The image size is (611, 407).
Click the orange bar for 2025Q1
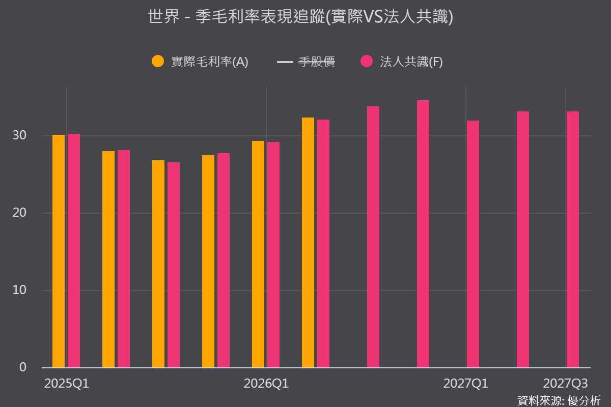point(59,251)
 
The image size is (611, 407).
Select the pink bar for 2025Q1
point(74,250)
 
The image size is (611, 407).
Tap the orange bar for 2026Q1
point(258,254)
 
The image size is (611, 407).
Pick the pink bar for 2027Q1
point(473,244)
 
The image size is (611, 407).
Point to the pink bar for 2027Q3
point(572,239)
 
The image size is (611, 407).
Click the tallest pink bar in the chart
point(423,234)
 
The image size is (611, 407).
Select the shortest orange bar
point(158,264)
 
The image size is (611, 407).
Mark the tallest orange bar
point(308,242)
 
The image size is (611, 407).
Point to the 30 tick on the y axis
point(19,135)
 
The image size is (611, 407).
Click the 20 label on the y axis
point(19,213)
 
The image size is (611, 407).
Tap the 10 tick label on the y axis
point(19,290)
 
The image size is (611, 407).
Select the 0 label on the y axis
point(23,367)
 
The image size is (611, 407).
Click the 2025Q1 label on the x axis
point(67,384)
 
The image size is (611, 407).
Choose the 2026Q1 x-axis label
point(266,384)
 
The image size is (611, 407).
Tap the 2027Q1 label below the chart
point(465,384)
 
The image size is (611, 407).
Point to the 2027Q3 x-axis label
point(566,384)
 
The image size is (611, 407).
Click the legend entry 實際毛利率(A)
point(200,62)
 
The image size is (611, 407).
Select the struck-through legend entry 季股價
point(306,62)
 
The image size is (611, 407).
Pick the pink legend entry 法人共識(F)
point(402,62)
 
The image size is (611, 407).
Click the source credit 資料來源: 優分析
point(559,401)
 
